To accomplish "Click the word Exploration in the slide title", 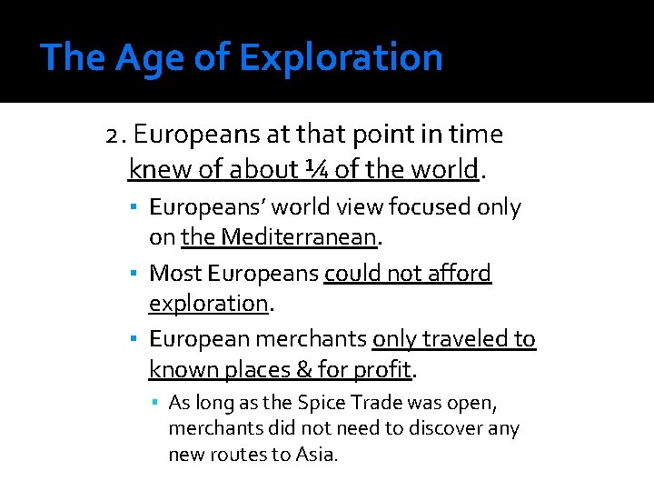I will (x=341, y=57).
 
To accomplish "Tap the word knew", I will (x=152, y=169).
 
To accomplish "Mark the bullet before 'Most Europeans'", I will (x=133, y=273).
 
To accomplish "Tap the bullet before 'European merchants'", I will (x=133, y=339).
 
